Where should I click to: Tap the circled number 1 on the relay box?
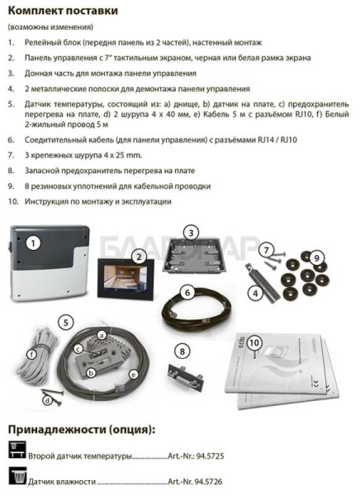click(x=34, y=243)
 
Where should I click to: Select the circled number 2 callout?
click(x=140, y=258)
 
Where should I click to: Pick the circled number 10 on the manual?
click(x=253, y=341)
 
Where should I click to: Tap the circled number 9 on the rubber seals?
click(x=318, y=258)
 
